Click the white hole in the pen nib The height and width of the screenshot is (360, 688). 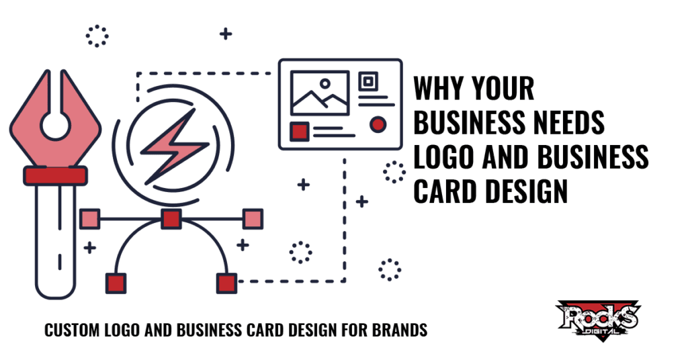click(x=55, y=126)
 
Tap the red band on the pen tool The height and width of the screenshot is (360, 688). click(x=55, y=176)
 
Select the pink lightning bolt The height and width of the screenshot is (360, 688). click(x=174, y=146)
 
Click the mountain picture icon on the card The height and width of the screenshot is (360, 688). click(x=320, y=93)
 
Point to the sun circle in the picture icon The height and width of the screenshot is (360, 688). click(x=325, y=83)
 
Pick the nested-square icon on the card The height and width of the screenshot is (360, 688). click(x=368, y=81)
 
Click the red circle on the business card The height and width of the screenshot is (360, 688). click(x=378, y=124)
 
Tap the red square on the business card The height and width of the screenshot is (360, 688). click(x=300, y=131)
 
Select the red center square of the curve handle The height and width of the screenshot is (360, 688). click(x=171, y=219)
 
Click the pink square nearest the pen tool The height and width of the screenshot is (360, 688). click(x=90, y=219)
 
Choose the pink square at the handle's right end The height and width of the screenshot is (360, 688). click(x=253, y=219)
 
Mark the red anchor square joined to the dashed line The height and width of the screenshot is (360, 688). click(x=227, y=283)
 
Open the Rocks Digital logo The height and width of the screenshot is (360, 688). click(x=599, y=320)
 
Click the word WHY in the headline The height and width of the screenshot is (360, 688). click(x=439, y=89)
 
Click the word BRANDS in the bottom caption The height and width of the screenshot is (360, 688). click(x=400, y=330)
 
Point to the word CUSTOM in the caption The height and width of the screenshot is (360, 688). click(x=73, y=330)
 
